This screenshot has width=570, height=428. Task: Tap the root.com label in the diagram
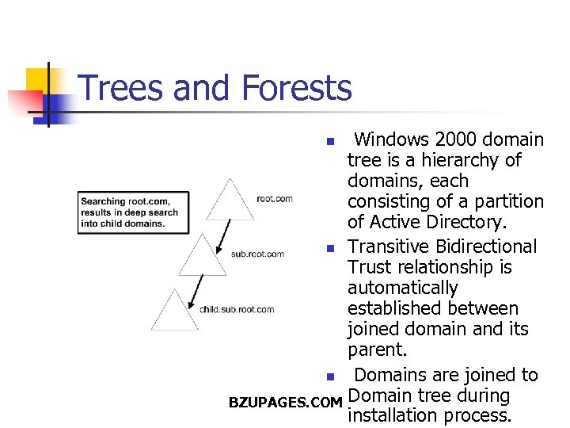point(275,198)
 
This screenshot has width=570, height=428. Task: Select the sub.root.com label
point(257,254)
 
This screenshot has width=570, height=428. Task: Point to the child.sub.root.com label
point(237,309)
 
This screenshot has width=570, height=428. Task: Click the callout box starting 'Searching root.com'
point(133,212)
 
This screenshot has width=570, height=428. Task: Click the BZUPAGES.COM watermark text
point(285,403)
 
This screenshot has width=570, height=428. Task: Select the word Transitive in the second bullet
point(388,247)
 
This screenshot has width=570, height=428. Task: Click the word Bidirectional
point(485,247)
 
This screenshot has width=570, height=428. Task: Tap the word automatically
point(402,289)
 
